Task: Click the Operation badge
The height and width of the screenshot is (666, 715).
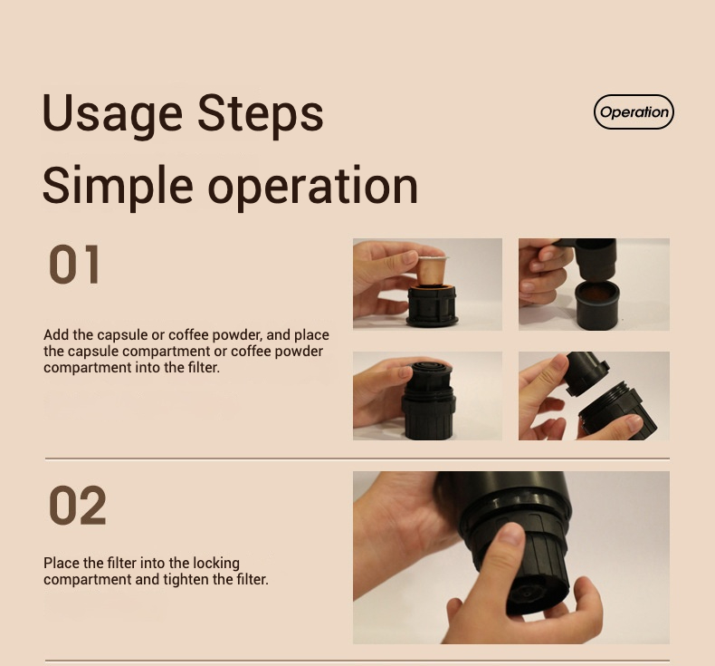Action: [634, 111]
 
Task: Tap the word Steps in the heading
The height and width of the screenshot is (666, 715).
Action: [261, 113]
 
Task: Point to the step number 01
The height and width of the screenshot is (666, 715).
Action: [74, 265]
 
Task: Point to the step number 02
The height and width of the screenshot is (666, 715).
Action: [77, 506]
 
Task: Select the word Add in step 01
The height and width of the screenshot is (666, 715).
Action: [56, 335]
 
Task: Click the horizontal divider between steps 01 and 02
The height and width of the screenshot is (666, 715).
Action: [357, 458]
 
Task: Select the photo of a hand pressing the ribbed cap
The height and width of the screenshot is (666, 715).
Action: [427, 396]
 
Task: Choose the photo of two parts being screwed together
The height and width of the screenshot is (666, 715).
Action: [594, 396]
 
